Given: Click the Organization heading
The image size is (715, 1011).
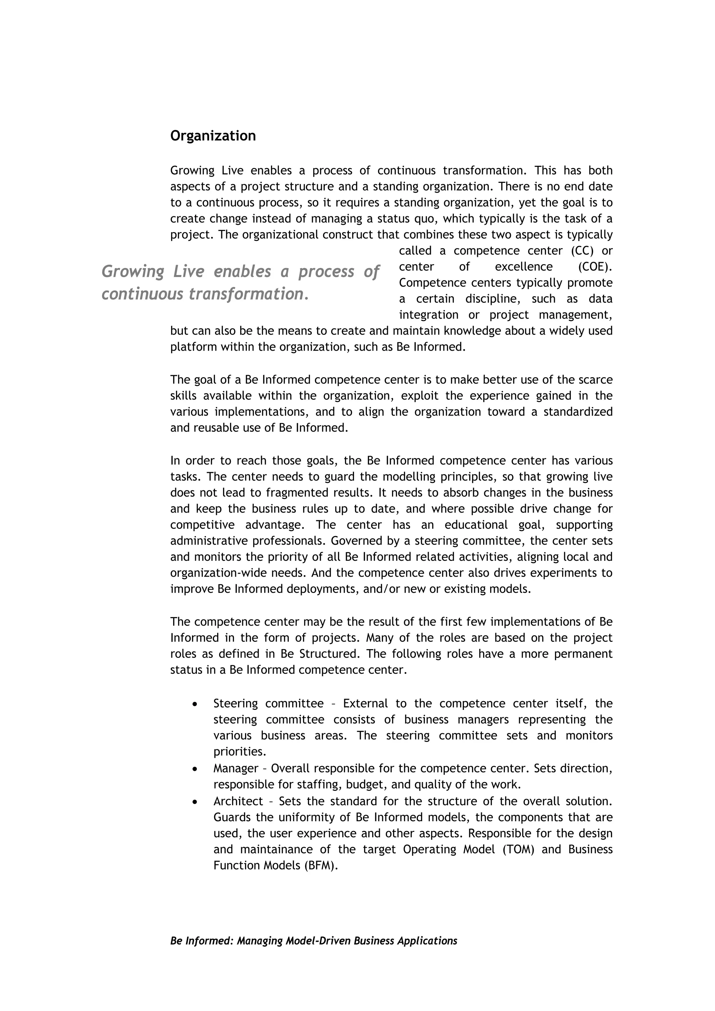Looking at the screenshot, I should [213, 136].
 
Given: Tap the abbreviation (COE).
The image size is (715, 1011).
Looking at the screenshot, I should [595, 267].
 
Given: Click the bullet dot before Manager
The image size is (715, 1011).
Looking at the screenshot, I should [195, 768].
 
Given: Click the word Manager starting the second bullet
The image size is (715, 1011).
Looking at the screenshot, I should [236, 768].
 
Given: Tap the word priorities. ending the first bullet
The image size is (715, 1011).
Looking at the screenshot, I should [239, 752].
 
